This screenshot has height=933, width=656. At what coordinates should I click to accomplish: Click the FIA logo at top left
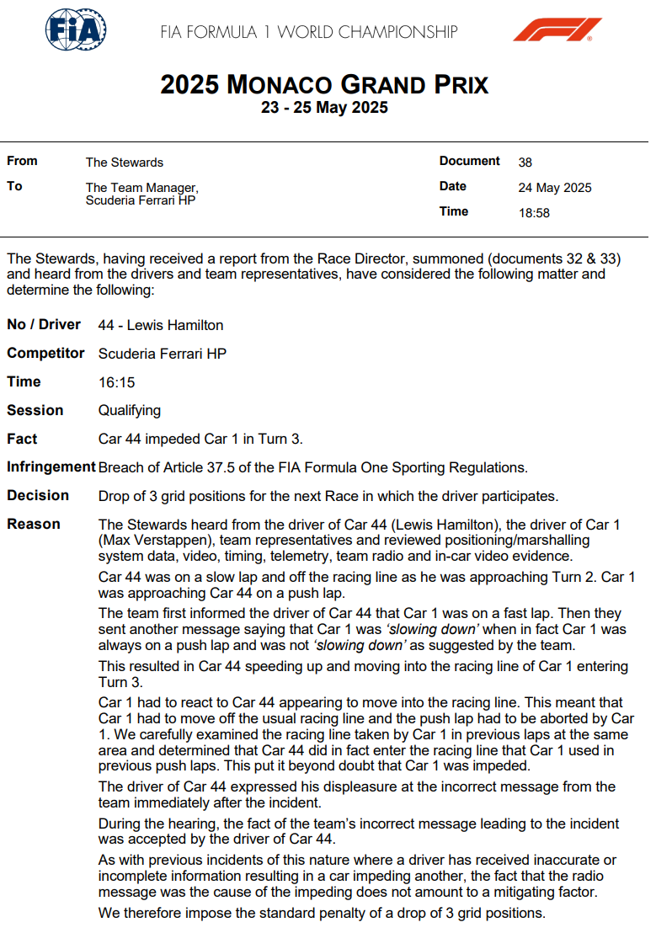click(x=75, y=31)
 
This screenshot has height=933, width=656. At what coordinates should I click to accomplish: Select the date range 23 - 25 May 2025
click(x=324, y=108)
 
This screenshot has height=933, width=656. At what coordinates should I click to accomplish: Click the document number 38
click(x=525, y=163)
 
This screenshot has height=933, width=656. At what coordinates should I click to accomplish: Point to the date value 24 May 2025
click(x=555, y=188)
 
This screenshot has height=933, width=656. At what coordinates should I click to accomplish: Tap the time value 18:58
click(x=534, y=213)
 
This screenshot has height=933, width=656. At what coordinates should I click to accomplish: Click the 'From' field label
click(x=22, y=161)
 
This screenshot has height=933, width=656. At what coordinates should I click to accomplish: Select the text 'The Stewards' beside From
click(x=125, y=163)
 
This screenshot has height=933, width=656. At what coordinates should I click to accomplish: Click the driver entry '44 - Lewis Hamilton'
click(x=161, y=325)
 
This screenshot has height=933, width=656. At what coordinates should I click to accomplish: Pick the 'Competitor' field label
click(x=45, y=354)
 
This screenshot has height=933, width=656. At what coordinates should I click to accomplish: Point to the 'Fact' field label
click(x=22, y=439)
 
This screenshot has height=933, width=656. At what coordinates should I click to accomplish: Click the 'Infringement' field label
click(x=51, y=467)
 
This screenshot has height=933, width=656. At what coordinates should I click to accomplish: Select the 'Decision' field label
click(x=38, y=496)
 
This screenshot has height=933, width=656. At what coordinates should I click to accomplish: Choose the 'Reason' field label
click(x=34, y=525)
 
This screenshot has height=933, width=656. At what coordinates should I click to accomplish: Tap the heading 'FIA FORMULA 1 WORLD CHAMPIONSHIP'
click(x=309, y=33)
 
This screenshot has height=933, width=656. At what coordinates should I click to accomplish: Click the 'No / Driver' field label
click(x=44, y=325)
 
